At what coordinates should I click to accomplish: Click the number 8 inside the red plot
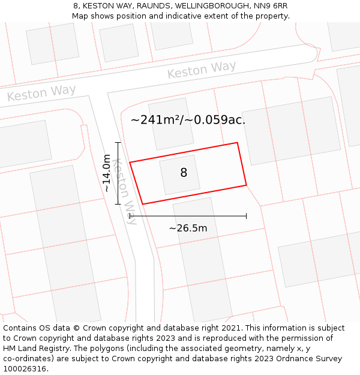pyautogui.click(x=184, y=173)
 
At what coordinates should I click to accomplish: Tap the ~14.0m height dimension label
pyautogui.click(x=107, y=173)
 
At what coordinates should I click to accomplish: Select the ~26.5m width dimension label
pyautogui.click(x=188, y=228)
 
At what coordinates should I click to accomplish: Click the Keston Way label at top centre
pyautogui.click(x=202, y=70)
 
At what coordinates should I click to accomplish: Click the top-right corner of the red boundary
pyautogui.click(x=238, y=143)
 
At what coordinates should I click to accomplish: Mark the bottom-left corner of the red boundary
pyautogui.click(x=142, y=204)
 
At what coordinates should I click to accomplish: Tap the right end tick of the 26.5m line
pyautogui.click(x=246, y=216)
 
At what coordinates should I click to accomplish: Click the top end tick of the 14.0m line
pyautogui.click(x=118, y=143)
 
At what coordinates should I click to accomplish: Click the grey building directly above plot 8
pyautogui.click(x=170, y=124)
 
